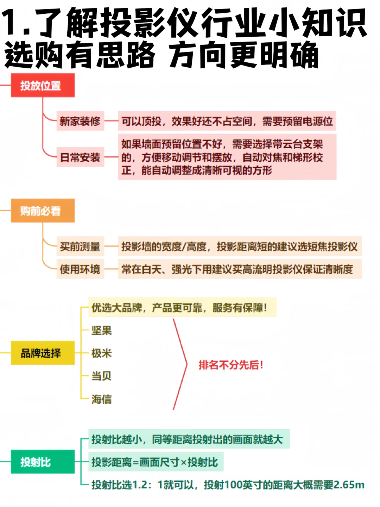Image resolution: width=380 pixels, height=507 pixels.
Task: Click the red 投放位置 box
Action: (43, 85)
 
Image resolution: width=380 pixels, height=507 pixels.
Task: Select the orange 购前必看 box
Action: (43, 211)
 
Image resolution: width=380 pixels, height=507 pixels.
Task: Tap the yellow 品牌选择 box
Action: (43, 353)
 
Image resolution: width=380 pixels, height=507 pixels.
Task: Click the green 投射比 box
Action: (43, 462)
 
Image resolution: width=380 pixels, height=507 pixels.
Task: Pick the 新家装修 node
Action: (80, 121)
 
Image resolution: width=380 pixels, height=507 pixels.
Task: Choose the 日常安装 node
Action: (80, 157)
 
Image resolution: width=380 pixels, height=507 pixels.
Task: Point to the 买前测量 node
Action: (80, 246)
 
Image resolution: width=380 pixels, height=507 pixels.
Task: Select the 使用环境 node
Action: (80, 269)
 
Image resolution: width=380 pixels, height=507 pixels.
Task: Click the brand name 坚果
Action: (101, 330)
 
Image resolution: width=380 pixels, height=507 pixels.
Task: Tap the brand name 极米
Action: (101, 353)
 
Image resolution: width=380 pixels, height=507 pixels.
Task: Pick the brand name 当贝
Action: (101, 376)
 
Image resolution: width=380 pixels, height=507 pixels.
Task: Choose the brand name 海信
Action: (101, 399)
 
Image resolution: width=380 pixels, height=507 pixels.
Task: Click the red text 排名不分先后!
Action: (231, 365)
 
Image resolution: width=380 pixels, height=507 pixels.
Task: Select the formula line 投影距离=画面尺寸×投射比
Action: (155, 462)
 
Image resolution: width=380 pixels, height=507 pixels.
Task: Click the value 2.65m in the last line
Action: (349, 485)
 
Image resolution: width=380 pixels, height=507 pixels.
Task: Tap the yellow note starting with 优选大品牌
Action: (179, 308)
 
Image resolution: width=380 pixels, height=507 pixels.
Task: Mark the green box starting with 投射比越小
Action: (188, 439)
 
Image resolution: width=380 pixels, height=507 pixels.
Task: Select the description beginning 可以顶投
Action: (227, 121)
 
